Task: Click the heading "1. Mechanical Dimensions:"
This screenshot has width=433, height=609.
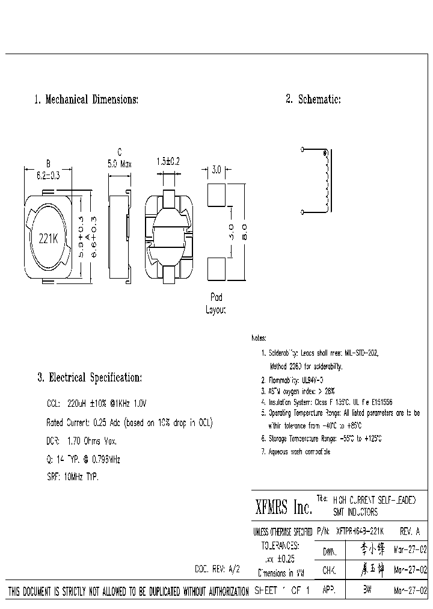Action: [86, 100]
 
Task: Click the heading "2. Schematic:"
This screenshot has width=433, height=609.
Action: [313, 100]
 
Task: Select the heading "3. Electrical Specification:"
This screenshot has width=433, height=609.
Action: [89, 378]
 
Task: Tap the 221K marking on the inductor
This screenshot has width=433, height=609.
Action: [48, 238]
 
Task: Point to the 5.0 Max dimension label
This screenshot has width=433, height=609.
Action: [119, 164]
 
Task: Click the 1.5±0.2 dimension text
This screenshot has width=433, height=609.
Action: [168, 162]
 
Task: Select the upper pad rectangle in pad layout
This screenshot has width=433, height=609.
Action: [215, 194]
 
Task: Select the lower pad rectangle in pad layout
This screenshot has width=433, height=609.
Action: [215, 268]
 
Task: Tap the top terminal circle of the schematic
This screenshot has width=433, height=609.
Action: [302, 149]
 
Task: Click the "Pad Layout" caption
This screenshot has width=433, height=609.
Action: [216, 304]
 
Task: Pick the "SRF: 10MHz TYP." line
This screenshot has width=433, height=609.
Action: [72, 476]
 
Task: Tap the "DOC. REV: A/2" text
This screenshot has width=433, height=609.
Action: [217, 569]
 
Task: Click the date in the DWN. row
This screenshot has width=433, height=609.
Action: [411, 550]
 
